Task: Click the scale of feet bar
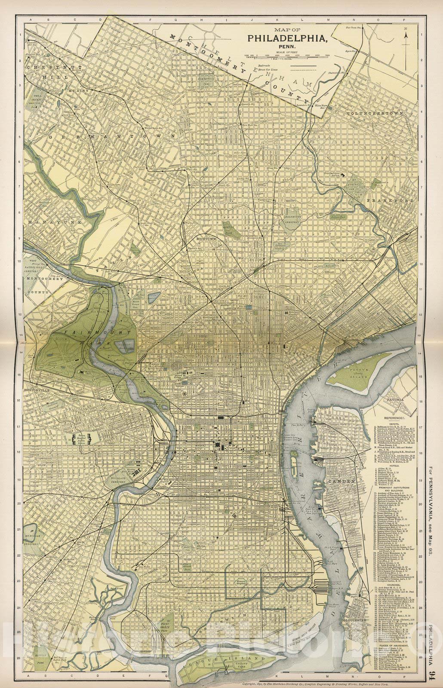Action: coord(287,55)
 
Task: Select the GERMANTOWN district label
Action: coord(112,136)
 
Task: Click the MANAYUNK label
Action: coord(43,222)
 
